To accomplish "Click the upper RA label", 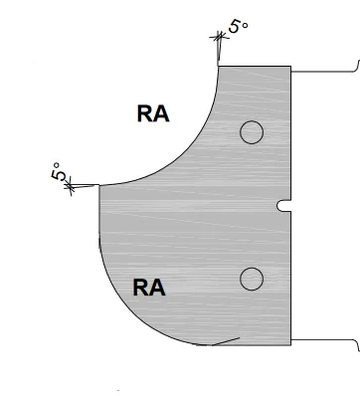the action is [x=153, y=114].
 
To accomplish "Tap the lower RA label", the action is [x=149, y=289].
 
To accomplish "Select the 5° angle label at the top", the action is [x=238, y=26].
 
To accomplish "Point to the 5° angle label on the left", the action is [x=61, y=173].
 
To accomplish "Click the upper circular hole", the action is [x=251, y=131].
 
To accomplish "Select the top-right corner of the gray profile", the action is [x=290, y=67].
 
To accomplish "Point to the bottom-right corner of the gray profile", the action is [x=290, y=344].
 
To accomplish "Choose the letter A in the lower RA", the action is [x=157, y=289].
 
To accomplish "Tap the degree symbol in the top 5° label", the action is [x=245, y=19].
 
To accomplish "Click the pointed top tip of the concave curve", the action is [x=219, y=63].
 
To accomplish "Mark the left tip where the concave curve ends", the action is [x=98, y=185].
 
